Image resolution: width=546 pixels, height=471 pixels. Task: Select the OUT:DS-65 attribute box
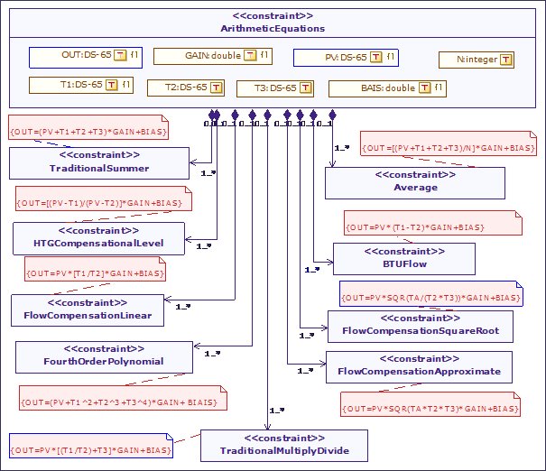click(80, 56)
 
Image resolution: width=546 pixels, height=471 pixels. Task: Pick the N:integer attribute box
click(477, 60)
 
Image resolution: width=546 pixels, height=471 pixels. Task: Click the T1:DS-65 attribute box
click(80, 86)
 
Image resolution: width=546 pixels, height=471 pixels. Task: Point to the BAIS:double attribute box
click(387, 88)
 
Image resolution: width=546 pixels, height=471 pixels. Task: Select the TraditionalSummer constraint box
click(99, 163)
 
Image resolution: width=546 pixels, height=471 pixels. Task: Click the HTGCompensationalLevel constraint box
click(98, 237)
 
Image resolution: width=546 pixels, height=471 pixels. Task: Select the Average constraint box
click(414, 182)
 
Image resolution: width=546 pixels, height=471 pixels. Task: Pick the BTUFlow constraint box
click(403, 258)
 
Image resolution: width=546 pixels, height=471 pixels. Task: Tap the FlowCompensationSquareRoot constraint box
click(419, 326)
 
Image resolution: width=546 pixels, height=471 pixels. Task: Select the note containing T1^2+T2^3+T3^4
click(122, 398)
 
